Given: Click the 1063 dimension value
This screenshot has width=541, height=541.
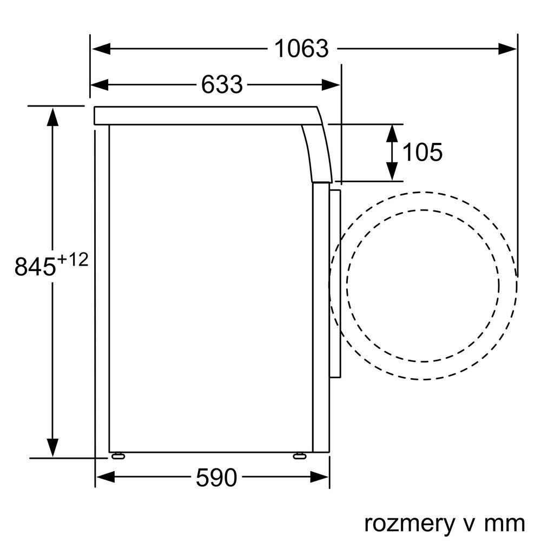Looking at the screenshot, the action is click(x=301, y=49).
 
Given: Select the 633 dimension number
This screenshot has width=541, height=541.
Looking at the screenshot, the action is click(x=222, y=84).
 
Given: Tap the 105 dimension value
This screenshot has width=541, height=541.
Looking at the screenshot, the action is click(x=423, y=152).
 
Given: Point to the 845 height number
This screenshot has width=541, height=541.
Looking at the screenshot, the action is click(x=35, y=266).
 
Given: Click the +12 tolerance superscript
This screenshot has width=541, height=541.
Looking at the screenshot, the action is click(x=72, y=260).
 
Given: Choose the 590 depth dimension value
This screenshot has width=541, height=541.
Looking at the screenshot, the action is click(x=217, y=478).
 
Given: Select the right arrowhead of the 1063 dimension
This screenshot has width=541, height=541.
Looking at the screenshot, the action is click(x=507, y=49).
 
